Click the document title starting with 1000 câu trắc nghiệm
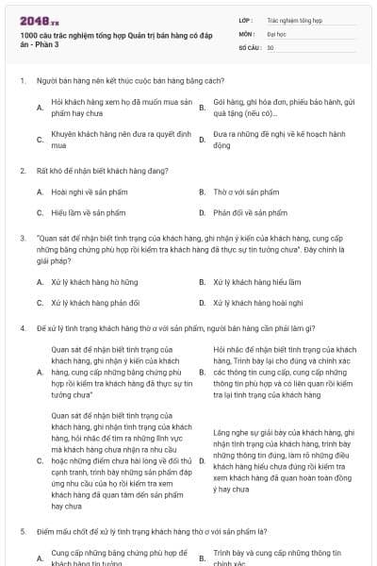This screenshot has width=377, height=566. (x=111, y=41)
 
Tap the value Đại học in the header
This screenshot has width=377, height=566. (x=276, y=32)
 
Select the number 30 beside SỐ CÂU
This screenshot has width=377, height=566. (x=270, y=46)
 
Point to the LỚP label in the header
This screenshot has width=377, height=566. (x=245, y=19)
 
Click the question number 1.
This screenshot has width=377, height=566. (x=22, y=81)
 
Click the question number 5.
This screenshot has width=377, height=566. (x=22, y=534)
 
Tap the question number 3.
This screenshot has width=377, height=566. (x=22, y=239)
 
